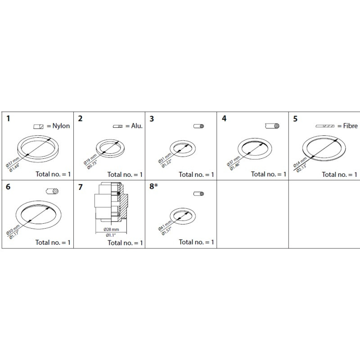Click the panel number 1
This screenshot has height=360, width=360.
8,119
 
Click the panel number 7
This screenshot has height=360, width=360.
81,187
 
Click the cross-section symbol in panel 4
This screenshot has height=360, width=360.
272,126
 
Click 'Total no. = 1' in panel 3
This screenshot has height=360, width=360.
196,175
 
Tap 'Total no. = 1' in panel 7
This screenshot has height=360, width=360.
125,243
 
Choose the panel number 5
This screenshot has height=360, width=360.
295,119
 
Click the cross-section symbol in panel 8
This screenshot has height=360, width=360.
199,194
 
